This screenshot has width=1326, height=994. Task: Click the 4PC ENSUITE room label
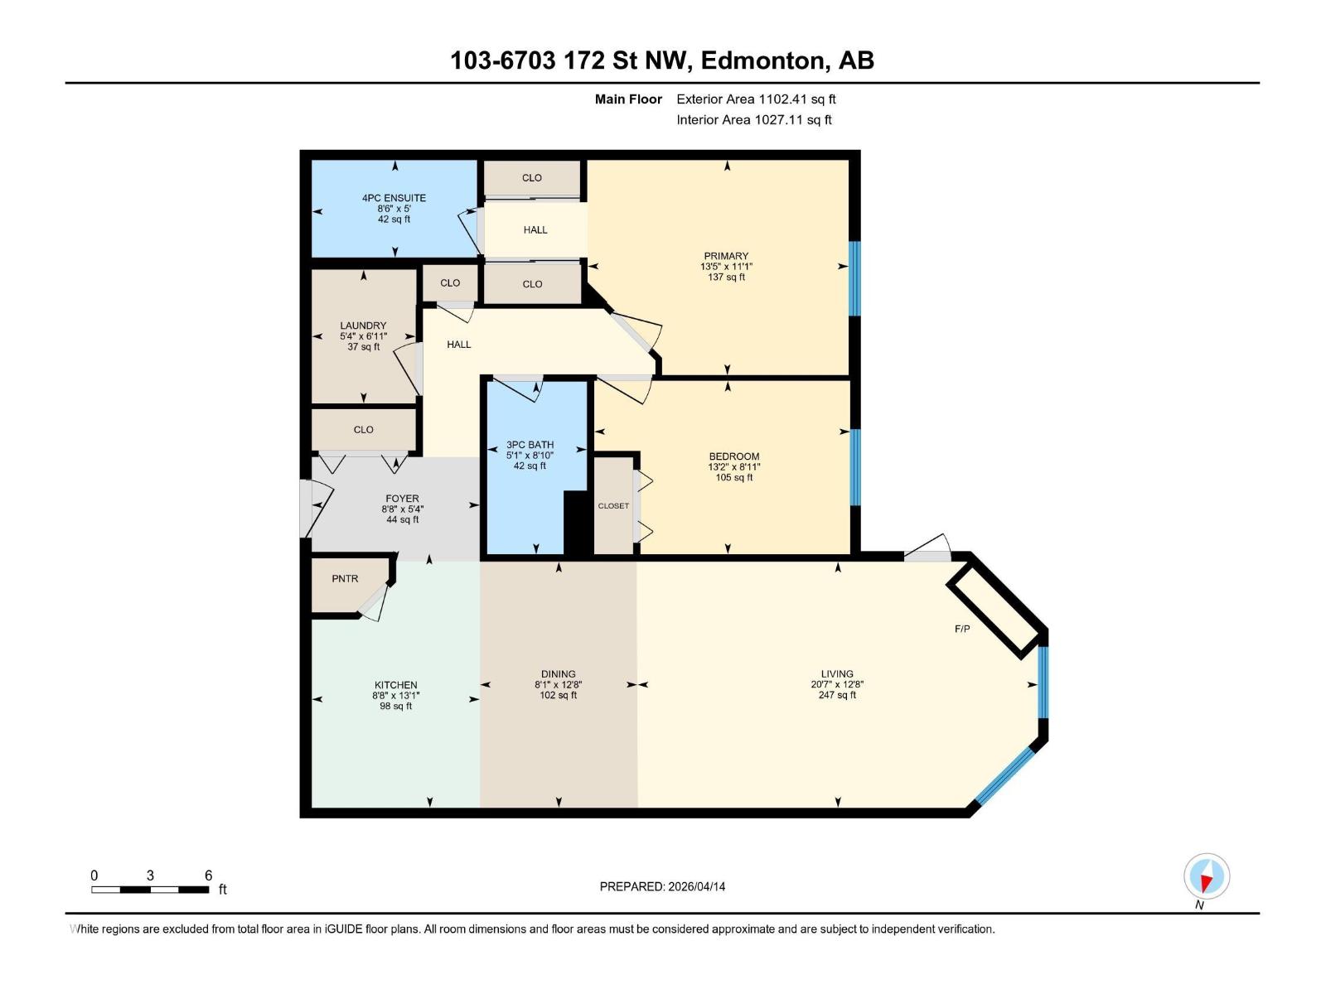pyautogui.click(x=394, y=198)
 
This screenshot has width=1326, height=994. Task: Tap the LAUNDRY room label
pyautogui.click(x=363, y=326)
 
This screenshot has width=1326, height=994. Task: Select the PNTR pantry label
pyautogui.click(x=345, y=579)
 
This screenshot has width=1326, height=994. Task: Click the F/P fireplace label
pyautogui.click(x=962, y=630)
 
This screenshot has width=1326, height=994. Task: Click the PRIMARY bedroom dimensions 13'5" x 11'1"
pyautogui.click(x=726, y=267)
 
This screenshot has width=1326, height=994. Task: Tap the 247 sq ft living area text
pyautogui.click(x=837, y=696)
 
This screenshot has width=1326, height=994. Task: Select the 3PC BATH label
pyautogui.click(x=530, y=445)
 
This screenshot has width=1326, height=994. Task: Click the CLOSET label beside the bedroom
pyautogui.click(x=613, y=506)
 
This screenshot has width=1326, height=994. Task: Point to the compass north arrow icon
pyautogui.click(x=1207, y=876)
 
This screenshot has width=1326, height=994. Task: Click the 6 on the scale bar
pyautogui.click(x=208, y=876)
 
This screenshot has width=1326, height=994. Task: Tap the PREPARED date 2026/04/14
pyautogui.click(x=662, y=886)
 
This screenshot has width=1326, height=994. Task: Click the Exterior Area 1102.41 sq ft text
pyautogui.click(x=756, y=99)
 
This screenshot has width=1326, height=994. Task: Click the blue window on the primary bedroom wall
pyautogui.click(x=854, y=278)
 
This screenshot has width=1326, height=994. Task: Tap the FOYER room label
pyautogui.click(x=402, y=499)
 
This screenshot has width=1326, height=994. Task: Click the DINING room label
pyautogui.click(x=558, y=674)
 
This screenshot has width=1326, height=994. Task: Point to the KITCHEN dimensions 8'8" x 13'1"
pyautogui.click(x=395, y=696)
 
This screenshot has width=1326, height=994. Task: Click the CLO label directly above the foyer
pyautogui.click(x=363, y=430)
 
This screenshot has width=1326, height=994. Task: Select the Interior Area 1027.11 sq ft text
pyautogui.click(x=753, y=120)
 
